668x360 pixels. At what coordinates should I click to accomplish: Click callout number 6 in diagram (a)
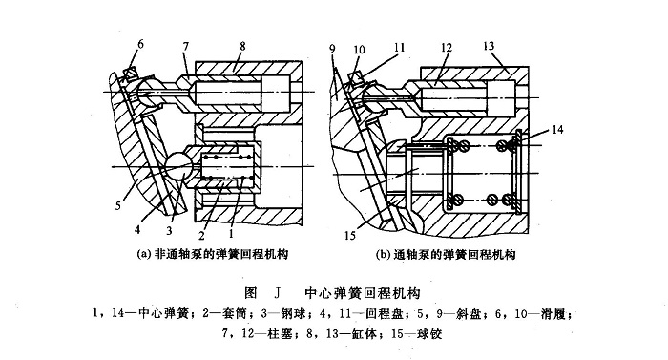point(140,44)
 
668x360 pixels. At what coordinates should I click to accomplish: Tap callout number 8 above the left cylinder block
point(242,46)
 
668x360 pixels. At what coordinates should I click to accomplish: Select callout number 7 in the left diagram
point(186,47)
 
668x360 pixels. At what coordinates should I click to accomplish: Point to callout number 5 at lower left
point(118,206)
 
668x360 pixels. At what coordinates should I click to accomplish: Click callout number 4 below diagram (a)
point(137,230)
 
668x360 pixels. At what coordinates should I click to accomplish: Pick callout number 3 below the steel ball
point(169,231)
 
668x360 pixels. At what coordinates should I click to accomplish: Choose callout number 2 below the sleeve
point(201,235)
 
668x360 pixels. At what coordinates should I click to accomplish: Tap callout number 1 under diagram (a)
point(231,234)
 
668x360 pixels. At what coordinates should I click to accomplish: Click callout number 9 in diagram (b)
point(332,48)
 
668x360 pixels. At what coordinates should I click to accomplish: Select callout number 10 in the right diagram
point(359,50)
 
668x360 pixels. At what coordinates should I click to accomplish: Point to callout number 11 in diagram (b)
point(399,47)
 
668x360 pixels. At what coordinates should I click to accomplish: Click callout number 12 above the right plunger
point(446,48)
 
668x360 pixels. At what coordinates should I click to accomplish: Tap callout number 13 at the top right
point(489,45)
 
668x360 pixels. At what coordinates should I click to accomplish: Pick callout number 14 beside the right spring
point(557,130)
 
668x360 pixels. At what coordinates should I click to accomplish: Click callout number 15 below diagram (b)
point(350,236)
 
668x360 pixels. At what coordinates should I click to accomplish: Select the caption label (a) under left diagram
point(143,255)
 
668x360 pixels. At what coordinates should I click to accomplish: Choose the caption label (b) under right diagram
point(383,255)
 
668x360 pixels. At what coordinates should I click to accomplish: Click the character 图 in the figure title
point(250,293)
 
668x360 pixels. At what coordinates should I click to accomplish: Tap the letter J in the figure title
point(278,293)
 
